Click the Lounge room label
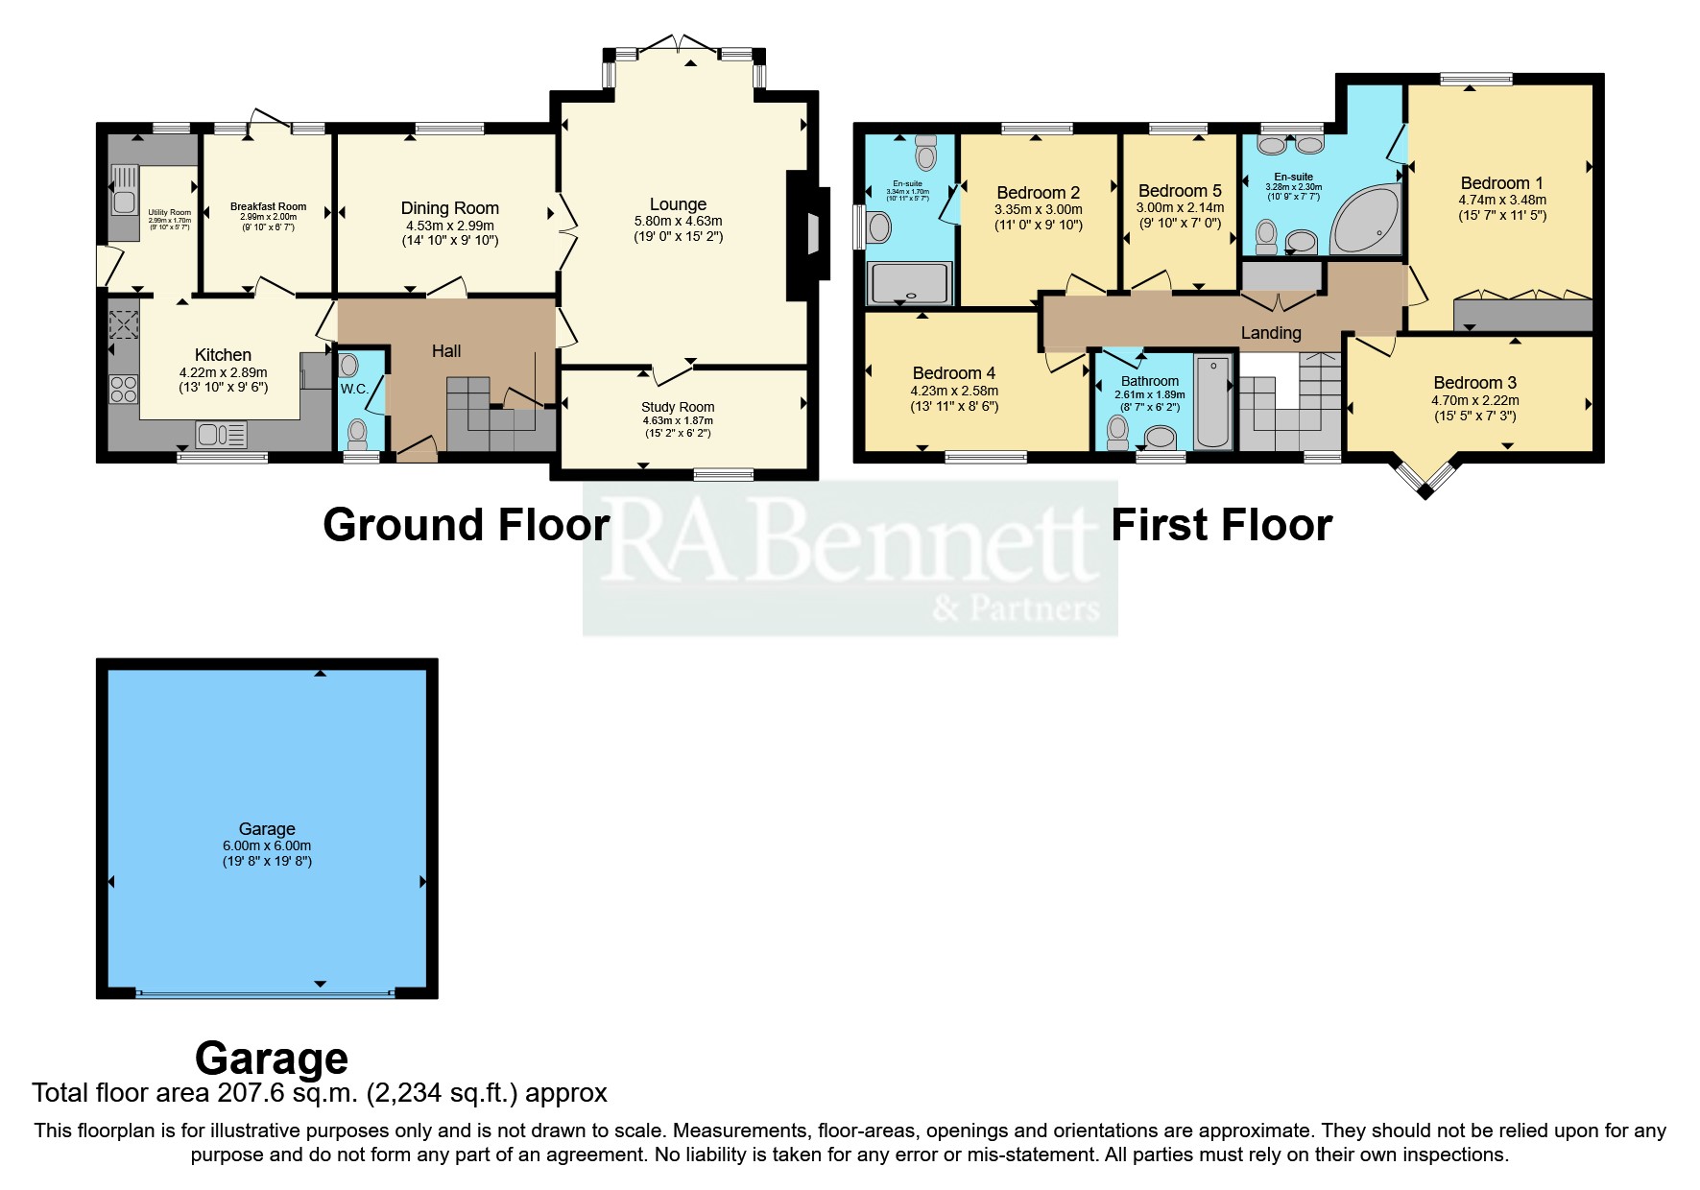(678, 204)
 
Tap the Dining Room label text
(449, 208)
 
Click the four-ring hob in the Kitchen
(124, 389)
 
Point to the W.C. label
(353, 389)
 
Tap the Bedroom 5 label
(1180, 191)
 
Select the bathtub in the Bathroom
(1213, 401)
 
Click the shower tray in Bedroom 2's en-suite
(909, 283)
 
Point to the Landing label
(1270, 333)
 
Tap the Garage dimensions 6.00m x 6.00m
(267, 845)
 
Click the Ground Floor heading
(466, 525)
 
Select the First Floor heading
(1221, 525)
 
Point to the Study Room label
(678, 407)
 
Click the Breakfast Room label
(268, 206)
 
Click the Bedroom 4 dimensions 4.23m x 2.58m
(954, 391)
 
